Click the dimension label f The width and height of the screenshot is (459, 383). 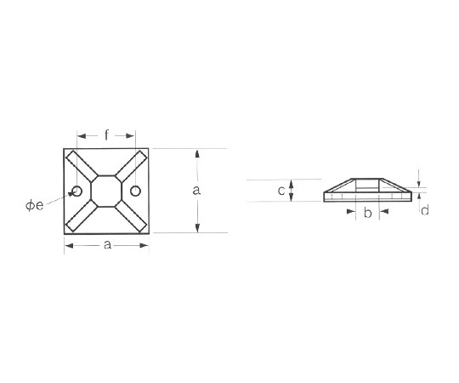click(x=106, y=135)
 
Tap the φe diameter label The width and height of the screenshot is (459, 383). click(x=35, y=205)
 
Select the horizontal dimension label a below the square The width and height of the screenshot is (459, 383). click(x=107, y=244)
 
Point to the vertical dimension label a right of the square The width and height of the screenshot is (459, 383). click(x=196, y=191)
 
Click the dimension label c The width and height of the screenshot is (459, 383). click(x=281, y=191)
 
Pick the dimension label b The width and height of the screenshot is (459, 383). click(x=368, y=213)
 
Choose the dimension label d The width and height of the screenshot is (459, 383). click(x=425, y=210)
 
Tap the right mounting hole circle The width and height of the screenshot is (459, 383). click(x=135, y=191)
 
